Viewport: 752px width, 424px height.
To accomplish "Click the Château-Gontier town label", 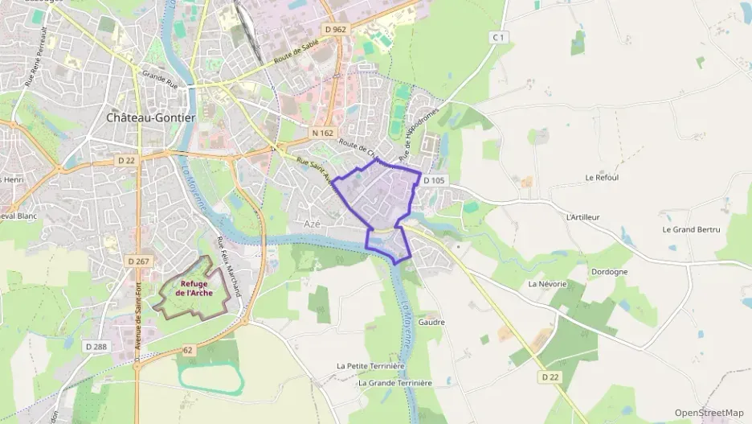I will [x=150, y=117].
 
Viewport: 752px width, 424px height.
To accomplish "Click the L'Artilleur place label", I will [x=583, y=217].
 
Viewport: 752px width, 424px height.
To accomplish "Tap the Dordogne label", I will [x=609, y=272].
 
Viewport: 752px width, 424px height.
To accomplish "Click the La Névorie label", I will [x=547, y=285].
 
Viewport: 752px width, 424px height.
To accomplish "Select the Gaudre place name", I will [x=431, y=322].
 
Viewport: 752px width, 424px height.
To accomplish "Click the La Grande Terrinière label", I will [x=395, y=383].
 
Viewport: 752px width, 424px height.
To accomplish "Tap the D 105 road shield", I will [x=433, y=180].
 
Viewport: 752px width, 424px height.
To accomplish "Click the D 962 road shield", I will [x=336, y=29].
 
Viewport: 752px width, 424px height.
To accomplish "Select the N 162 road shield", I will [x=321, y=133].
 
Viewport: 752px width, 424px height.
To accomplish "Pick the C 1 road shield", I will [x=499, y=37].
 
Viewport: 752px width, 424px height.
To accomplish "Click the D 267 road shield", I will [x=139, y=261].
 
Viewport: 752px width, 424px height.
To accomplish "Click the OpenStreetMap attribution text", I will [x=709, y=413].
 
